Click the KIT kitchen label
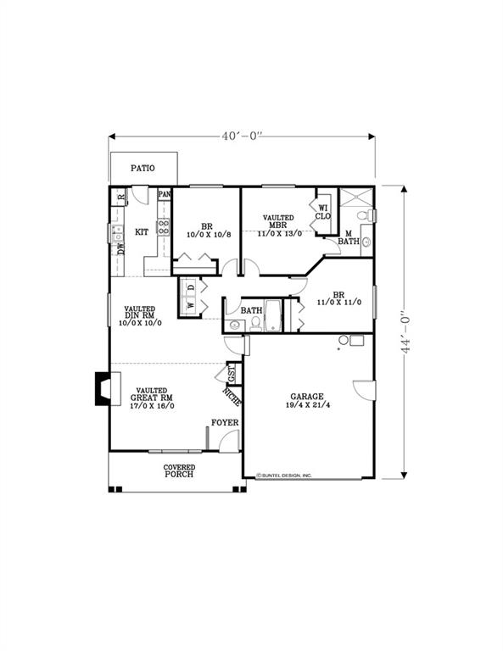143,231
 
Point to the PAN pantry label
165,195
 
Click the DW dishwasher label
120,248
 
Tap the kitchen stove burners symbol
162,228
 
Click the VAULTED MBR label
278,225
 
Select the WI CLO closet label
323,211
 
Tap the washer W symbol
191,305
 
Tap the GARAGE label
307,399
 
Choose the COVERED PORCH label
179,470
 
